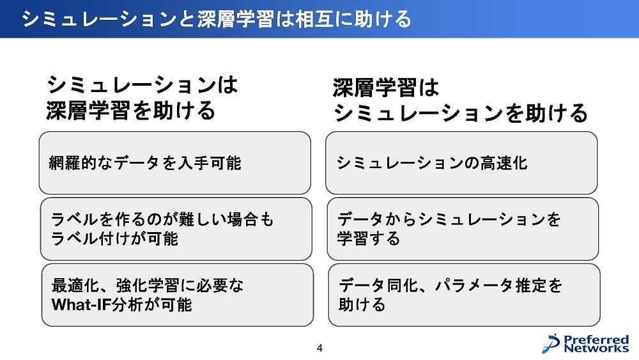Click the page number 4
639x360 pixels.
(319, 348)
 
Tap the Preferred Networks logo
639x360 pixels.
(585, 343)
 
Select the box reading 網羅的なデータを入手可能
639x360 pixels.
(175, 162)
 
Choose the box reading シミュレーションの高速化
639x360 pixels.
(461, 162)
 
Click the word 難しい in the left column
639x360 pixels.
(203, 220)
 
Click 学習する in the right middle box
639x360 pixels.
(369, 239)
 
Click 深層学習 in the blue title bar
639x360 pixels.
(235, 19)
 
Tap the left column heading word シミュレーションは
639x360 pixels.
(142, 85)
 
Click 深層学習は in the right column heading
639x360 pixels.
(385, 88)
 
